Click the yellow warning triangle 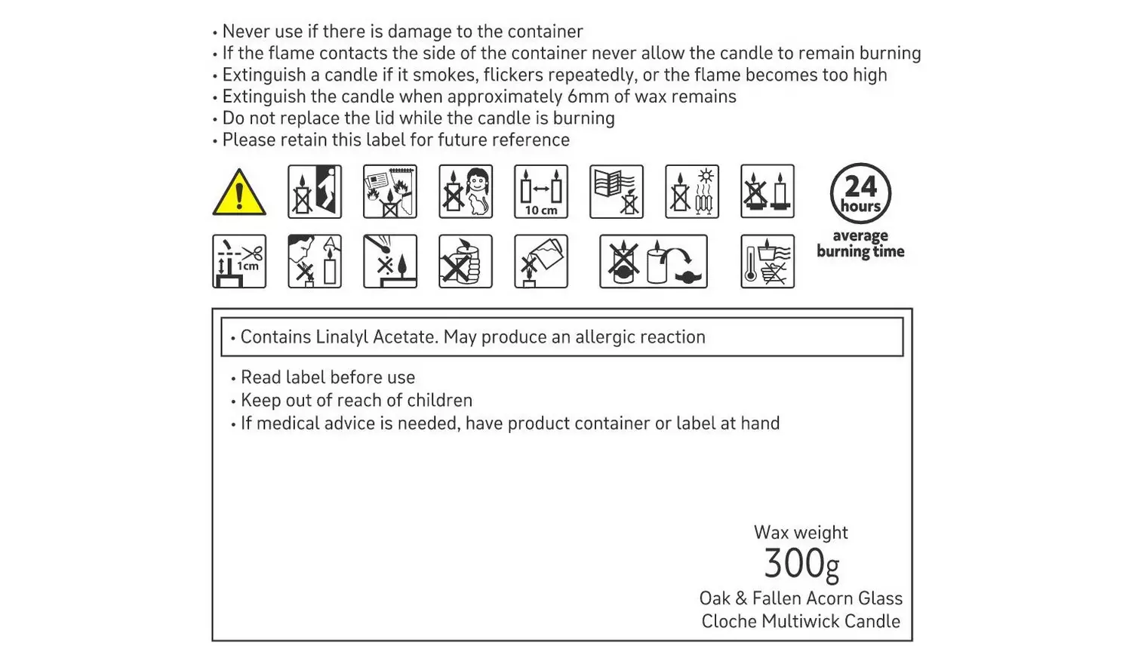pos(239,192)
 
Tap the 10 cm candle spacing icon pos(541,192)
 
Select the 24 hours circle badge pos(860,193)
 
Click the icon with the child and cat pos(466,192)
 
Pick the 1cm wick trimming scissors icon pos(239,261)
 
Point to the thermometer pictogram pos(767,261)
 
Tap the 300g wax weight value pos(801,564)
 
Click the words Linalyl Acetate pos(377,337)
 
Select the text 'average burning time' pos(860,244)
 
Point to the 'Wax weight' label pos(801,532)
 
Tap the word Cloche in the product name pos(729,621)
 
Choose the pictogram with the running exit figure pos(315,192)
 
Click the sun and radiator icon pos(692,192)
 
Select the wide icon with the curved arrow pos(654,261)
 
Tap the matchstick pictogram pos(389,261)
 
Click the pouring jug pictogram pos(541,261)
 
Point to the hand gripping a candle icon pos(466,261)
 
